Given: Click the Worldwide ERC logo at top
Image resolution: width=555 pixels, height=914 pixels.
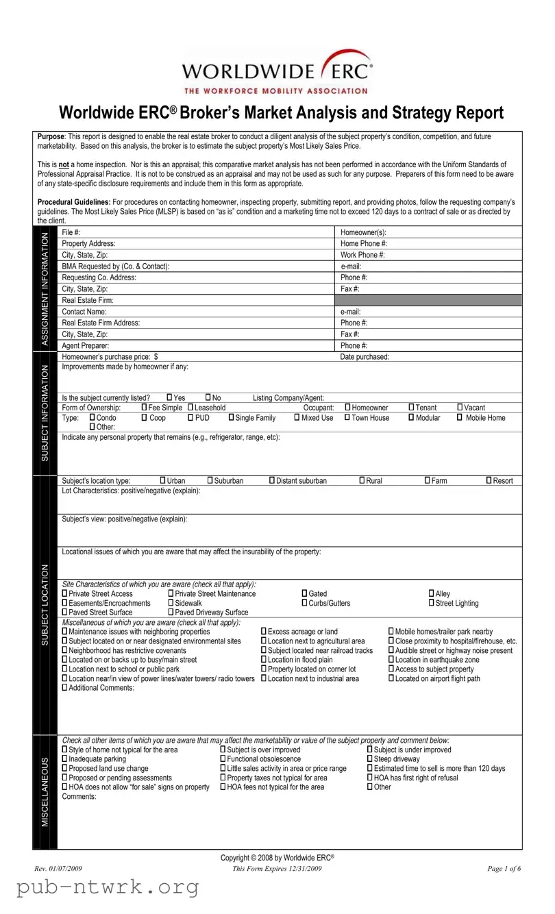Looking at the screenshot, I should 277,71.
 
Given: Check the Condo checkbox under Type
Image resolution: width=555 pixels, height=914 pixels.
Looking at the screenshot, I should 92,417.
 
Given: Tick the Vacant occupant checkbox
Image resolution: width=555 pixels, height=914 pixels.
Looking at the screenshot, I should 460,408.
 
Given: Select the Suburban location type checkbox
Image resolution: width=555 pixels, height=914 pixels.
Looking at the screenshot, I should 210,480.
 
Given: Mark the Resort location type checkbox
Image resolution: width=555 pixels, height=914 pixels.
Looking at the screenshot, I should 489,480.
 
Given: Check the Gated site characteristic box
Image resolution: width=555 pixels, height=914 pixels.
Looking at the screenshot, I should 304,593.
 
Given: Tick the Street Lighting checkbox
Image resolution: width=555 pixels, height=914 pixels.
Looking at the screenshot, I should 432,603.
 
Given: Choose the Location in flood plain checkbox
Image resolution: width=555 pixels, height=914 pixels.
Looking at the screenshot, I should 264,659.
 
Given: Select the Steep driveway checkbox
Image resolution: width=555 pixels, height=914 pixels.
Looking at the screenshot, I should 370,759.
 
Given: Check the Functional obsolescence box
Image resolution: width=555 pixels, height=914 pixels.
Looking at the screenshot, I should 223,759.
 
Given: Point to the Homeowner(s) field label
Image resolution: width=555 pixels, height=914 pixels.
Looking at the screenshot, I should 363,233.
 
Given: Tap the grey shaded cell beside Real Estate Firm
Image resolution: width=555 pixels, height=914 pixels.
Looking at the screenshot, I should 428,300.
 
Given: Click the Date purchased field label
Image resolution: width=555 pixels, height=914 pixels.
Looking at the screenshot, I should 365,356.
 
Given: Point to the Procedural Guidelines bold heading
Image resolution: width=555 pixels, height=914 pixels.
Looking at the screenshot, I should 74,203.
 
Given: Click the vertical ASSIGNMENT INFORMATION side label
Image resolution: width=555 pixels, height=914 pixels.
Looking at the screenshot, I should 46,288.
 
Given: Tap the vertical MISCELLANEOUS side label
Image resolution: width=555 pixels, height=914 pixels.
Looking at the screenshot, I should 46,791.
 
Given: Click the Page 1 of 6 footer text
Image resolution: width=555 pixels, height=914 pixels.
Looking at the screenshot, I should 504,869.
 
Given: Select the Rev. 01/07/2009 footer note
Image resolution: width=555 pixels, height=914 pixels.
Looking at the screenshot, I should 58,869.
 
